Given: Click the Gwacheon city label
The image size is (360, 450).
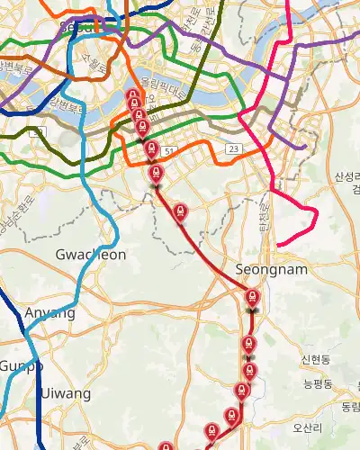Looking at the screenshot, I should tap(91, 255).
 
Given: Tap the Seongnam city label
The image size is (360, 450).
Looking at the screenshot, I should tap(271, 269).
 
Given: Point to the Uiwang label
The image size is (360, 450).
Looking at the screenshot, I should tap(65, 394).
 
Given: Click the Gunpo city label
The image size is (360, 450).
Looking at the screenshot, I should tap(20, 366).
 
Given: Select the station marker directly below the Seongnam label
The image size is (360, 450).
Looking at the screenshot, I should tap(253, 297).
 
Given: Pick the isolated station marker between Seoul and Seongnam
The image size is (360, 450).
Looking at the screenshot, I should tap(181, 211).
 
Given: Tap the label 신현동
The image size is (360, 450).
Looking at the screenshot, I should tap(317, 360).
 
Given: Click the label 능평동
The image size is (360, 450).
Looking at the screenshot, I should tap(318, 384).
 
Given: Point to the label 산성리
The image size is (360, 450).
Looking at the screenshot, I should tap(346, 176).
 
